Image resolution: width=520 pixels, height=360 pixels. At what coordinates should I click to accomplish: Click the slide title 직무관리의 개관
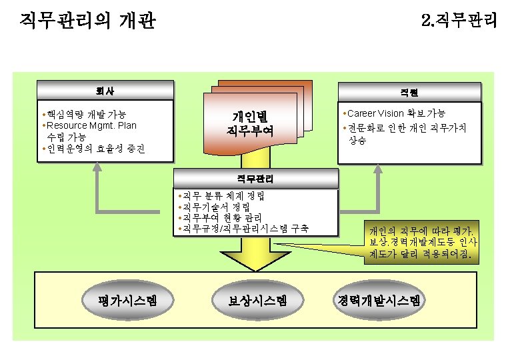[x=87, y=21]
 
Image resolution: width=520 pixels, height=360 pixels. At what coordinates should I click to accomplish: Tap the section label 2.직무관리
[x=459, y=21]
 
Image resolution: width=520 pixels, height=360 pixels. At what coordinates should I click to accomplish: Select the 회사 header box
[x=106, y=89]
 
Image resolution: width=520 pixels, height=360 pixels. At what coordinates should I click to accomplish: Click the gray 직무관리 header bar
[x=255, y=179]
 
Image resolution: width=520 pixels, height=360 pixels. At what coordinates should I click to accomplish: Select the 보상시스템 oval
[x=257, y=301]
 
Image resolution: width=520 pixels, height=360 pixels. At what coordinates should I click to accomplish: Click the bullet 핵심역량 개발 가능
[x=87, y=114]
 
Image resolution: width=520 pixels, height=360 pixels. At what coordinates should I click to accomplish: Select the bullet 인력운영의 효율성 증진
[x=96, y=148]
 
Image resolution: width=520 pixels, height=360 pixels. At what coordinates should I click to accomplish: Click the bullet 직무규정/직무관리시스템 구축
[x=244, y=229]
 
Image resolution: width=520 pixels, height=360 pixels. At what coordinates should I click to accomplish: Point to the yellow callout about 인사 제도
[x=421, y=242]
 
